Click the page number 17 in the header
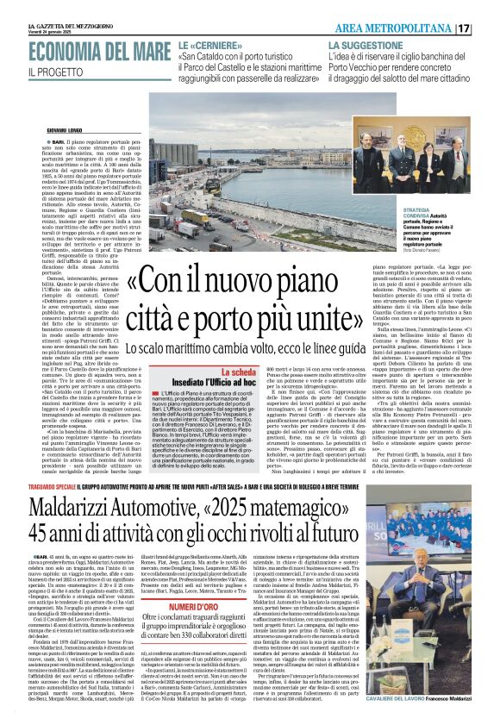(x=487, y=28)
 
